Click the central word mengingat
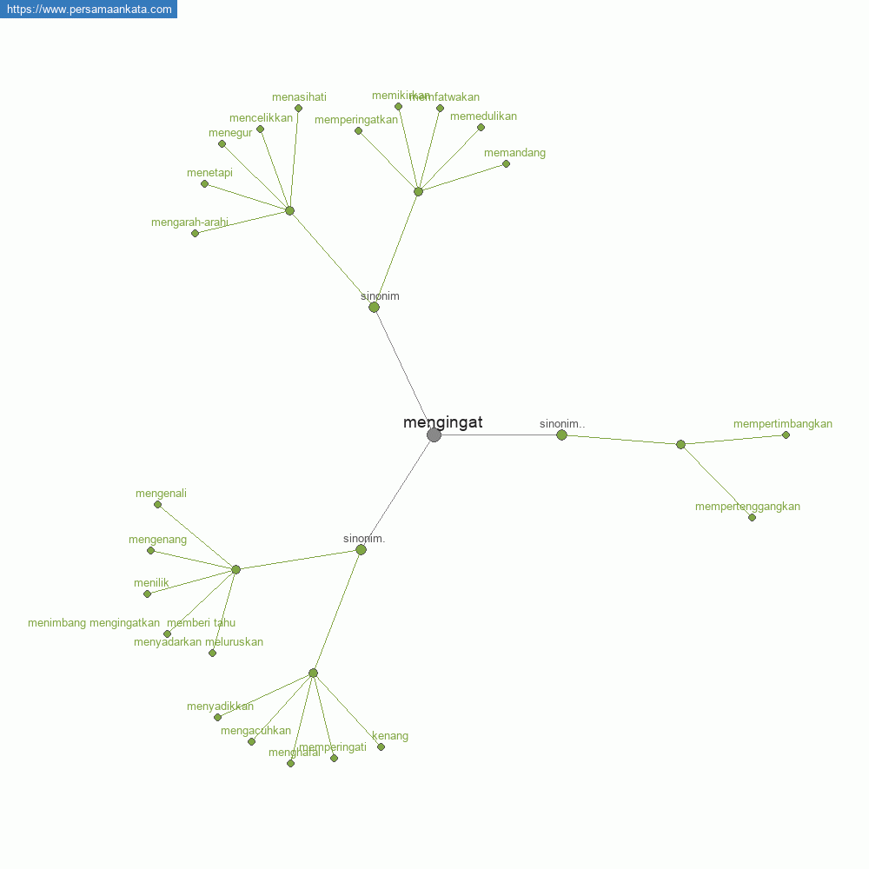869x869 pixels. [x=442, y=423]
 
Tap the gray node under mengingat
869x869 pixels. [x=434, y=434]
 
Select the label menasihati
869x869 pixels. [x=299, y=97]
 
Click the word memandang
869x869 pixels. [x=514, y=153]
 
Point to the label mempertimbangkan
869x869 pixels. [x=782, y=424]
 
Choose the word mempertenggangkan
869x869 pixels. [x=747, y=507]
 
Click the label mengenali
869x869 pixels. [x=161, y=494]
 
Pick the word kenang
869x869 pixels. [x=390, y=736]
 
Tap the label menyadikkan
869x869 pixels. [x=220, y=706]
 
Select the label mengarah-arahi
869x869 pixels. [x=189, y=222]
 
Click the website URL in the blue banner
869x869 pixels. [x=89, y=9]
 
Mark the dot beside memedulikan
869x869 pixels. [x=481, y=127]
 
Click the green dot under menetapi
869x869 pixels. [x=204, y=183]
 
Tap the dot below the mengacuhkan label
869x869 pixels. [x=251, y=741]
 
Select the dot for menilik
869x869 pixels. [x=147, y=594]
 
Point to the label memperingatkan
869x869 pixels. [x=355, y=120]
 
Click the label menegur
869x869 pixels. [x=230, y=133]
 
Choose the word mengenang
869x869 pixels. [x=157, y=540]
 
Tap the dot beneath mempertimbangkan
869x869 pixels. [x=786, y=434]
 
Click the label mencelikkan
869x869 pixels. [x=261, y=118]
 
